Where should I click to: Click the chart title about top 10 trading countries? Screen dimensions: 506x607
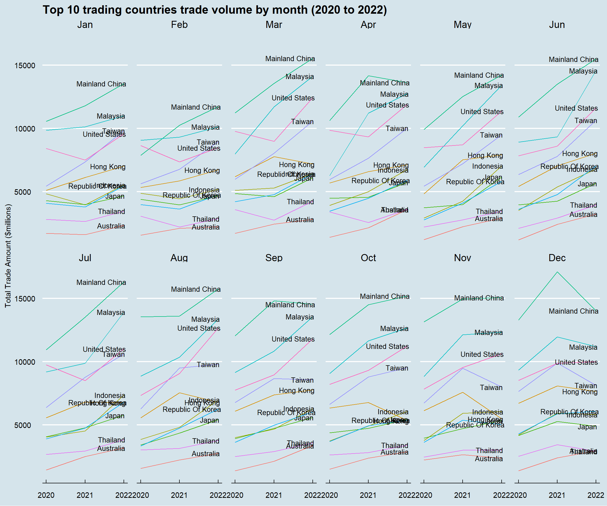pyautogui.click(x=215, y=10)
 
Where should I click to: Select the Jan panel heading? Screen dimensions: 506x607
pyautogui.click(x=85, y=25)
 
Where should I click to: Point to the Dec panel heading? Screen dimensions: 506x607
pyautogui.click(x=557, y=258)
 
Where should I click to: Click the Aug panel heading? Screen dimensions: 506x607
pyautogui.click(x=179, y=258)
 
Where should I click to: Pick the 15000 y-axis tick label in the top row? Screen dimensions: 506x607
pyautogui.click(x=25, y=66)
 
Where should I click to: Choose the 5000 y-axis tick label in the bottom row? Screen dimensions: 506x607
pyautogui.click(x=25, y=425)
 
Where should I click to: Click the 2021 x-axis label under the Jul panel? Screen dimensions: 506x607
pyautogui.click(x=85, y=495)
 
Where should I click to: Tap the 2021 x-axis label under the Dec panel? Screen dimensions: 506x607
pyautogui.click(x=557, y=495)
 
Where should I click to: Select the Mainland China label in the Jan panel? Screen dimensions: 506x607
pyautogui.click(x=101, y=84)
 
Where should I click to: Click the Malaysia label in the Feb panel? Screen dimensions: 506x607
pyautogui.click(x=205, y=127)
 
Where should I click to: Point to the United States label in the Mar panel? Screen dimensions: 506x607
pyautogui.click(x=293, y=98)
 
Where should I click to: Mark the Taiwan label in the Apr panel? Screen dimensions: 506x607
pyautogui.click(x=397, y=129)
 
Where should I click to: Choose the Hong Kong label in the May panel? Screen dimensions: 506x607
pyautogui.click(x=485, y=155)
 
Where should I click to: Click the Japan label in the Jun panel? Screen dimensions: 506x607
pyautogui.click(x=587, y=184)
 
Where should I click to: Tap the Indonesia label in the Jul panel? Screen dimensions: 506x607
pyautogui.click(x=110, y=396)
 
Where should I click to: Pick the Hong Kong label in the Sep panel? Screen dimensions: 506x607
pyautogui.click(x=297, y=391)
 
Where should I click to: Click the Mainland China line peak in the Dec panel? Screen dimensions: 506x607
pyautogui.click(x=557, y=272)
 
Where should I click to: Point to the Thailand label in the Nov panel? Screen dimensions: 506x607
pyautogui.click(x=489, y=451)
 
